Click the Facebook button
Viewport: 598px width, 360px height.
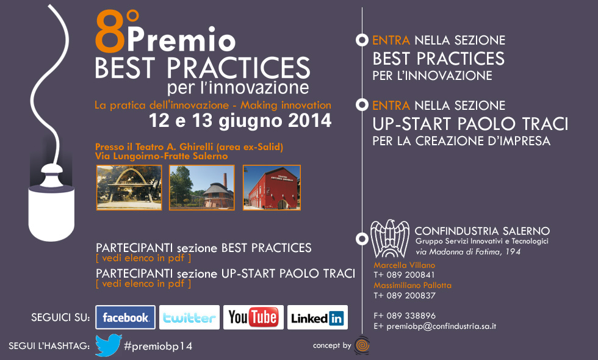(126, 317)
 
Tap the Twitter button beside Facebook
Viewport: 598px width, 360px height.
(189, 317)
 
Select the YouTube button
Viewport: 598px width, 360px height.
(253, 317)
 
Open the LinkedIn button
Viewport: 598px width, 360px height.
(317, 317)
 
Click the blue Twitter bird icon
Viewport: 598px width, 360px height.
(109, 345)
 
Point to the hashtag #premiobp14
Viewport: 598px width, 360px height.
(158, 347)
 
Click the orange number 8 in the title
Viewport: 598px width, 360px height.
(110, 32)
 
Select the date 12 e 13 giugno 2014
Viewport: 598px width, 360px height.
(240, 121)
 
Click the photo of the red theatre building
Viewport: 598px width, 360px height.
(272, 188)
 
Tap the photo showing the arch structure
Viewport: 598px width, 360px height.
(129, 188)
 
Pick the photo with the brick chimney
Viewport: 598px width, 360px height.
(202, 188)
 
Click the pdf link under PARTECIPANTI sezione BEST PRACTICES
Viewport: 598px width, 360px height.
(143, 258)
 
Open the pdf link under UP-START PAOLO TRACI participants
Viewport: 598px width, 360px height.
(143, 284)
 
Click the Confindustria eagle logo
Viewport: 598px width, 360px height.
(390, 239)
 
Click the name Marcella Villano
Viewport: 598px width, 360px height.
(404, 265)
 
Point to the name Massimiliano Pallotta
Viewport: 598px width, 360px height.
(412, 286)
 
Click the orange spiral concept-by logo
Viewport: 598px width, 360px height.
(362, 345)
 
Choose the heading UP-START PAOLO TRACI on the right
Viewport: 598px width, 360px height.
(470, 124)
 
